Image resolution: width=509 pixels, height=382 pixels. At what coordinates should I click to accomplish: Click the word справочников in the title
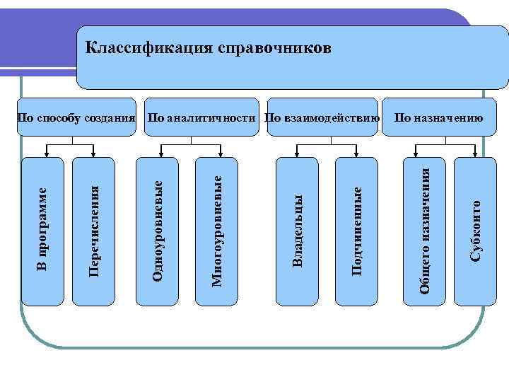269,48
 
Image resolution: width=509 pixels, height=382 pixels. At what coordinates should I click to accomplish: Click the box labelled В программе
43,231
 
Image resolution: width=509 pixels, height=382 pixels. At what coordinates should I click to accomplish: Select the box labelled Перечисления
93,231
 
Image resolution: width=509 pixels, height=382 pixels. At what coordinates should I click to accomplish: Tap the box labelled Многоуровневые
218,231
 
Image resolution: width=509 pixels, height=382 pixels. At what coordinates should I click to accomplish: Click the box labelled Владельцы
298,231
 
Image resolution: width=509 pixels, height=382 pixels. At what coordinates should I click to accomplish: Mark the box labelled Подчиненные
357,231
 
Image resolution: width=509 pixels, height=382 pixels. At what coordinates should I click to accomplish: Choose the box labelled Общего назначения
425,231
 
